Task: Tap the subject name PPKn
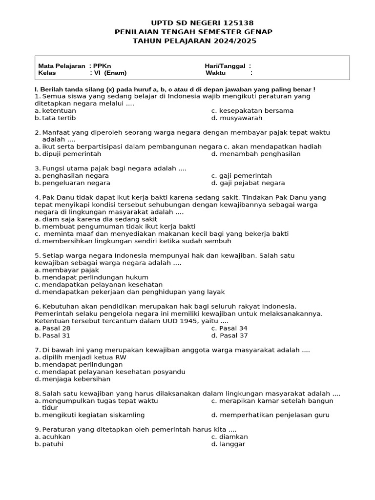pyautogui.click(x=102, y=66)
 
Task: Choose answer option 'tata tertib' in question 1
pyautogui.click(x=59, y=118)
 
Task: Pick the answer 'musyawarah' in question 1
pyautogui.click(x=241, y=118)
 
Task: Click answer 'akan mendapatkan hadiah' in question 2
pyautogui.click(x=276, y=146)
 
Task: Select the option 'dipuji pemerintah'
pyautogui.click(x=72, y=154)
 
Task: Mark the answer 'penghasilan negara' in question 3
pyautogui.click(x=75, y=176)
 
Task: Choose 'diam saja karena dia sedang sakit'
pyautogui.click(x=100, y=219)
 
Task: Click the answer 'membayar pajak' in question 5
pyautogui.click(x=70, y=270)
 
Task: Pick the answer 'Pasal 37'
pyautogui.click(x=233, y=335)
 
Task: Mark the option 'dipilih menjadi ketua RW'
pyautogui.click(x=84, y=357)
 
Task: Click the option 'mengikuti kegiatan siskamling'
pyautogui.click(x=93, y=415)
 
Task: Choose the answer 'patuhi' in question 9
pyautogui.click(x=53, y=444)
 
